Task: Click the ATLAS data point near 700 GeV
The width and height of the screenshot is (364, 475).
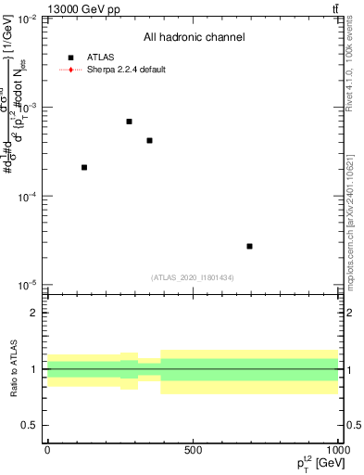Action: point(249,246)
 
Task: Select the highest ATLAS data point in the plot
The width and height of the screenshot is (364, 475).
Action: point(129,122)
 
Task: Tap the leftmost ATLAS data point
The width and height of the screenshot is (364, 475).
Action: point(84,167)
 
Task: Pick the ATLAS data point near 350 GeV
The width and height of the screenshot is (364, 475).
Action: point(149,140)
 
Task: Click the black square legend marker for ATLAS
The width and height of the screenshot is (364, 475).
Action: point(70,58)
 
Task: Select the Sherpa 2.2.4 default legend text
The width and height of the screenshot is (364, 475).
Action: point(126,70)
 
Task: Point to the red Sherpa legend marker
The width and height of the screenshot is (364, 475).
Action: point(70,70)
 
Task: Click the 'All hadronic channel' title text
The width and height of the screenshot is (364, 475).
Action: point(194,37)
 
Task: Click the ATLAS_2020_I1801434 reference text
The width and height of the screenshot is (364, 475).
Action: point(193,277)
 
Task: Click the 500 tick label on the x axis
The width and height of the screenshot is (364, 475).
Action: point(192,449)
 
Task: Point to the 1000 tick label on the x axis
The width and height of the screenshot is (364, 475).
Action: point(335,449)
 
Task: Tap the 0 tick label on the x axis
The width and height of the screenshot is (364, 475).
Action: point(47,449)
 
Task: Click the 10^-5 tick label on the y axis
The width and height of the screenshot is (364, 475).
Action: point(28,285)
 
